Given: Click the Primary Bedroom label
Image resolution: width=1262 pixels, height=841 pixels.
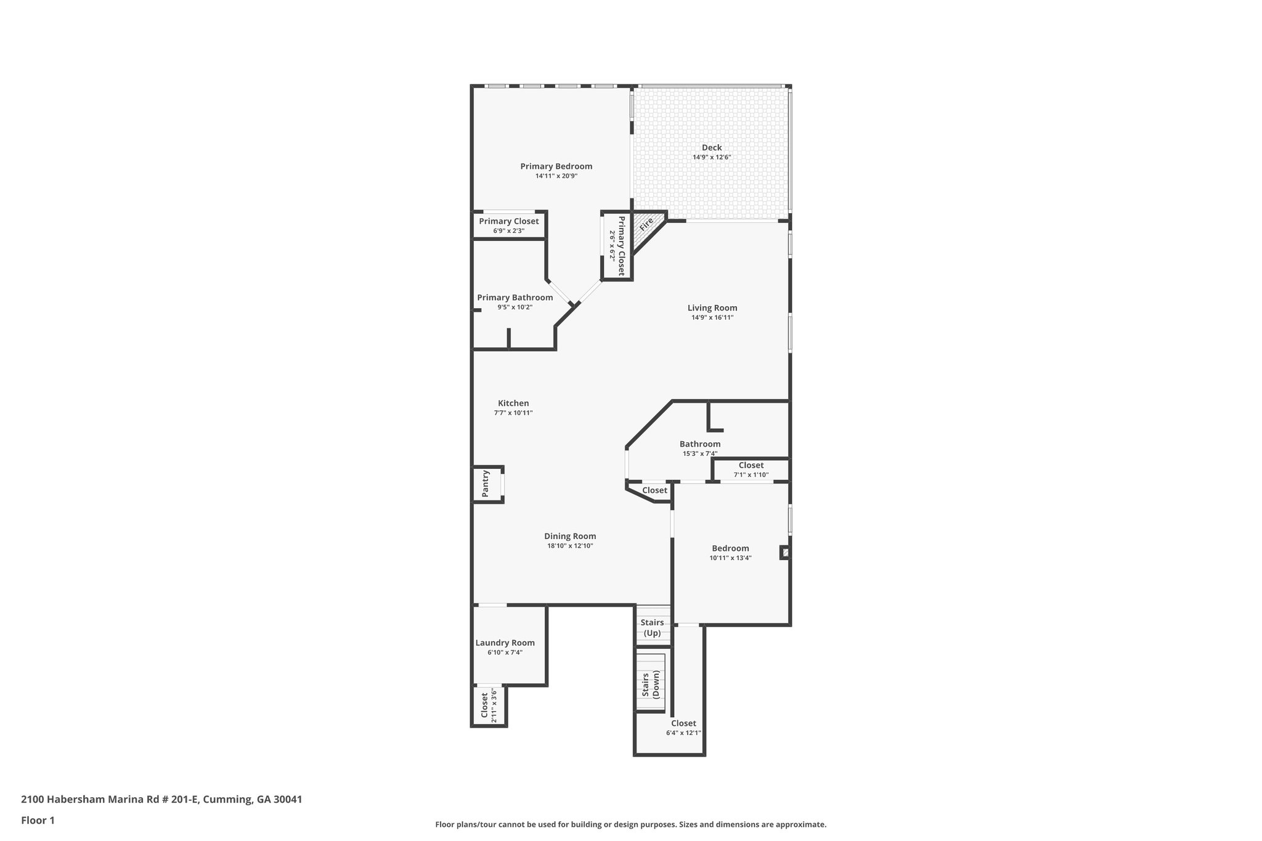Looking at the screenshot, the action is tap(556, 166).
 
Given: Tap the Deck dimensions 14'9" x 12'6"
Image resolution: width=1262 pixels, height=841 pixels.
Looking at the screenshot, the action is tap(712, 157).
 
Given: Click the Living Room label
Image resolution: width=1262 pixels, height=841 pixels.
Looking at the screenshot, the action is tap(712, 308).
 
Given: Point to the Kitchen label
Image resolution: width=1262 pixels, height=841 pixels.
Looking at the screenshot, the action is tap(513, 404).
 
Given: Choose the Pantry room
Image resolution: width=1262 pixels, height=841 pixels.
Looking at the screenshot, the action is tap(487, 484).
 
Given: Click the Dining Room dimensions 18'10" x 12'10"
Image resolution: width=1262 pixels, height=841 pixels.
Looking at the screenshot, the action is tap(570, 546).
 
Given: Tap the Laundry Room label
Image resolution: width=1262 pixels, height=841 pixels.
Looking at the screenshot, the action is tap(505, 643).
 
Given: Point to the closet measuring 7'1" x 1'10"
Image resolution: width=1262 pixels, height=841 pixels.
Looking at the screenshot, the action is tap(751, 469).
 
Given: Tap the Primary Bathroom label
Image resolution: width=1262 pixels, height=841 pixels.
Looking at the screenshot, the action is tap(515, 298).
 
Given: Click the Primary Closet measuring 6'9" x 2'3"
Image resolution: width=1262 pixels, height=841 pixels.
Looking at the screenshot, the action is tap(509, 225).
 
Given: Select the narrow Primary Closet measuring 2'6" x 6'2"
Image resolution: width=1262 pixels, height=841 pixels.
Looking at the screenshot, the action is tap(617, 246).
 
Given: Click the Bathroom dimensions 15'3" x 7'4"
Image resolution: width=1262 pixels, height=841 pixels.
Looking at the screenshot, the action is tap(700, 453).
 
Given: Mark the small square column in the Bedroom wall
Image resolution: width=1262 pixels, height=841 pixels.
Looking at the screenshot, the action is tap(785, 553).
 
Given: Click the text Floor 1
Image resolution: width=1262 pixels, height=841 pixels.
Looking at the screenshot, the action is tap(38, 820).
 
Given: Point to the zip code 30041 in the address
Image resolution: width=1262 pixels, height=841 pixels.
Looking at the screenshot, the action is tap(288, 800).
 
